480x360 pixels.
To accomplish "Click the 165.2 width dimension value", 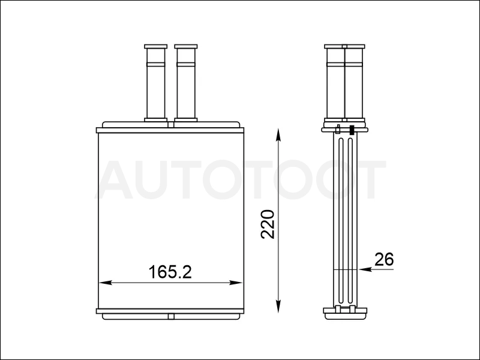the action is click(170, 272).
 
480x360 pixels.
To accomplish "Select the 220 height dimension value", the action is click(268, 224).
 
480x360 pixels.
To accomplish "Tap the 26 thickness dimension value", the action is click(384, 260).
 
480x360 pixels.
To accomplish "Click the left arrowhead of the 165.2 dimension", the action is click(105, 283).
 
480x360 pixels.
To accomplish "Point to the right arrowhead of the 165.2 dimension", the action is click(236, 283).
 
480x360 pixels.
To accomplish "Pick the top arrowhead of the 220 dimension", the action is click(278, 134).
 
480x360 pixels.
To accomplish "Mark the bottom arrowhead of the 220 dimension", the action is click(278, 306).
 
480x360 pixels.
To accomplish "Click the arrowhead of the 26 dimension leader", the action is click(364, 269).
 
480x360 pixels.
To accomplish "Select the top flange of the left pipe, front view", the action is click(156, 47).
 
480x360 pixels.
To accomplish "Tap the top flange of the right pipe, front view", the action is click(186, 47).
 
